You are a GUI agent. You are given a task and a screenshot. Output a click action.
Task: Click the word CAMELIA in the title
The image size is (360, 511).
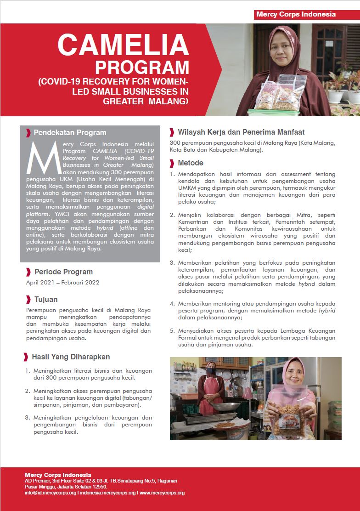123,45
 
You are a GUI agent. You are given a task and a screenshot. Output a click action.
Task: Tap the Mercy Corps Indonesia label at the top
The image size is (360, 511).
296,14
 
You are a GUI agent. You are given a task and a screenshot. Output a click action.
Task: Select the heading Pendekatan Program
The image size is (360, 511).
70,133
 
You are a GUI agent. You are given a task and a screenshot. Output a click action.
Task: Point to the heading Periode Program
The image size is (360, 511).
63,272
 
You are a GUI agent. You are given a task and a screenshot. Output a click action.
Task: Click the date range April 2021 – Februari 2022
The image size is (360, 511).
63,283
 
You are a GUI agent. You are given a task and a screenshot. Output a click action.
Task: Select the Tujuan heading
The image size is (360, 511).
46,299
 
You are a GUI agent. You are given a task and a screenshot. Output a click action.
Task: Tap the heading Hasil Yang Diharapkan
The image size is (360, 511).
71,357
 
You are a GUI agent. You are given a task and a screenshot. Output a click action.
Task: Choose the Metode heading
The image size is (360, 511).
191,163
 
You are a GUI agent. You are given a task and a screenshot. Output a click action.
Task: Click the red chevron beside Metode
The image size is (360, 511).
172,163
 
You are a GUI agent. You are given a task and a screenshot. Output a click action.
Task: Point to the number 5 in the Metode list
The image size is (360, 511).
172,331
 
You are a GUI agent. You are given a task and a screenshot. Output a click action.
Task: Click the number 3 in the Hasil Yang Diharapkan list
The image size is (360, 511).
27,418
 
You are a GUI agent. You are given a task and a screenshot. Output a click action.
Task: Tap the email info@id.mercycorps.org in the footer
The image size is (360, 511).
51,493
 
